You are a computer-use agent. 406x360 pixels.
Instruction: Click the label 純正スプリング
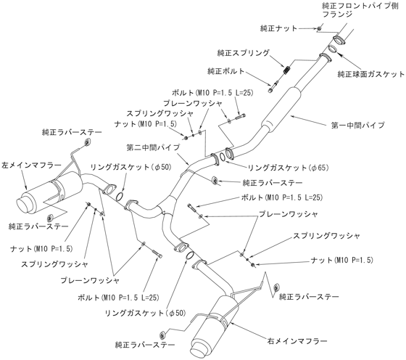[x=243, y=53]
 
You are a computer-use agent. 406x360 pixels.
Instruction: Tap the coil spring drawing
[x=287, y=69]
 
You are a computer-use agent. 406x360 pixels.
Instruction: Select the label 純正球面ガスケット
[x=370, y=74]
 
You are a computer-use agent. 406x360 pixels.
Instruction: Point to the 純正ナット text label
[x=278, y=28]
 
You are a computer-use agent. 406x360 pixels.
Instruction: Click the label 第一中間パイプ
[x=358, y=126]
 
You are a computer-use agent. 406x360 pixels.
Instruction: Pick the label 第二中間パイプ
[x=153, y=147]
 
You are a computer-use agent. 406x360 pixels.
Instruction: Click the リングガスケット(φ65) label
[x=289, y=168]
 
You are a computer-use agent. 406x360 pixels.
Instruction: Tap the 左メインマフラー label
[x=31, y=165]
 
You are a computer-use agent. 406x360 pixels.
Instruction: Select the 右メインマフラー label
[x=297, y=341]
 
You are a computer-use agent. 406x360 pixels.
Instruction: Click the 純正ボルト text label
[x=225, y=71]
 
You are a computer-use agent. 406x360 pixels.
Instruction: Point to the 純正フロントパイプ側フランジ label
[x=360, y=9]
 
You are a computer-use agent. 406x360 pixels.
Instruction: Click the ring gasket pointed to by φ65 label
[x=223, y=157]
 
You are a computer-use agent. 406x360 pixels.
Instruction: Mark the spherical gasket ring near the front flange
[x=333, y=49]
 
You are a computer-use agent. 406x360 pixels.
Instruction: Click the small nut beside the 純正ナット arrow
[x=320, y=28]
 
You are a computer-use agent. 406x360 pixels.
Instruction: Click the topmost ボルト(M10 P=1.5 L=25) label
[x=212, y=92]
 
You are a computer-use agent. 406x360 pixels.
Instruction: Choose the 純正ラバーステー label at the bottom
[x=145, y=345]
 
